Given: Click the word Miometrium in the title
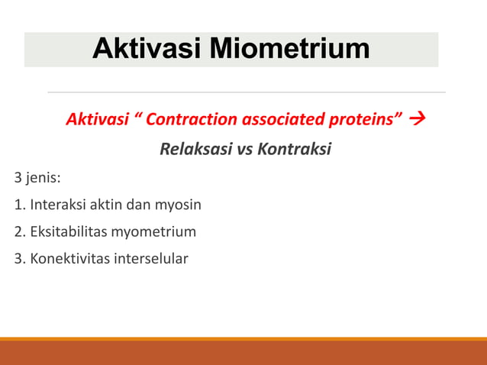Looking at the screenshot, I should pyautogui.click(x=289, y=49).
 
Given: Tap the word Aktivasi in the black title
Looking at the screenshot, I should pyautogui.click(x=147, y=49).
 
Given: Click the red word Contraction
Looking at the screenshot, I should pyautogui.click(x=192, y=120).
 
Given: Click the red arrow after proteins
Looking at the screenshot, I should pyautogui.click(x=418, y=120).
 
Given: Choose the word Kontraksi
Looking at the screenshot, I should pyautogui.click(x=295, y=149).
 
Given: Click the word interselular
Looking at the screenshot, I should pyautogui.click(x=150, y=258).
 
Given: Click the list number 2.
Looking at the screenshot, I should pyautogui.click(x=18, y=231).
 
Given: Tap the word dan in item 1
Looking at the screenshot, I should pyautogui.click(x=140, y=205).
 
